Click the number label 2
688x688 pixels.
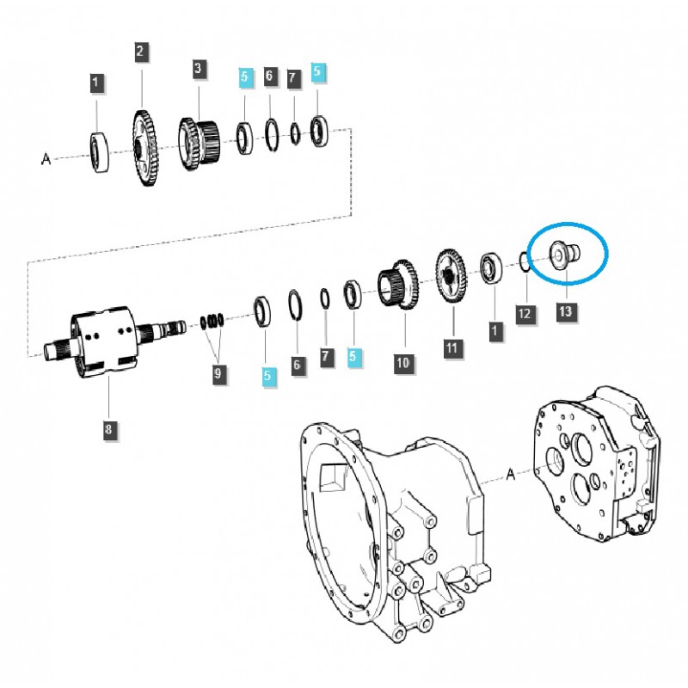pyautogui.click(x=140, y=52)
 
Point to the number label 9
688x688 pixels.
pyautogui.click(x=218, y=373)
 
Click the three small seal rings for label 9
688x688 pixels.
pyautogui.click(x=212, y=322)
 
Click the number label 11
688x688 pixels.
pyautogui.click(x=452, y=348)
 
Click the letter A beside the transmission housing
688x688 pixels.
pyautogui.click(x=511, y=475)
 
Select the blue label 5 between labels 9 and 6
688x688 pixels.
pyautogui.click(x=268, y=375)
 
